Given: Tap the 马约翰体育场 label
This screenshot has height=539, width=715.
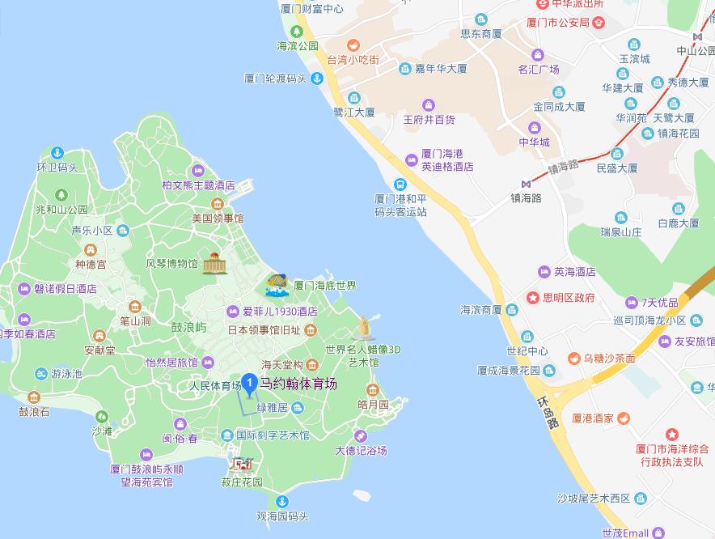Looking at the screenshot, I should [x=298, y=384].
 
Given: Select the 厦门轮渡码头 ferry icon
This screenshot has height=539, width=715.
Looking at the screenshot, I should [x=318, y=79].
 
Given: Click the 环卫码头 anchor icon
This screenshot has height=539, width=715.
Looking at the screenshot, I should [x=57, y=152].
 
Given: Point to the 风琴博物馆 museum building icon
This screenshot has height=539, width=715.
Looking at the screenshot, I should [x=214, y=263].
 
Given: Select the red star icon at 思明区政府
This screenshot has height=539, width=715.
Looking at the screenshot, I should [x=533, y=298].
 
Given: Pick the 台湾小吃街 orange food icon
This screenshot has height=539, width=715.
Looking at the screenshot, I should [x=353, y=45].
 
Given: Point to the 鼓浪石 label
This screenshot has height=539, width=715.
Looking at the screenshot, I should [x=34, y=412].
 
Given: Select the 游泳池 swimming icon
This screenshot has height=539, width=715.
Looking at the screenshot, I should [x=41, y=374].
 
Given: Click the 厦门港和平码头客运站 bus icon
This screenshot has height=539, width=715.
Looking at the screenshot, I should [x=400, y=185].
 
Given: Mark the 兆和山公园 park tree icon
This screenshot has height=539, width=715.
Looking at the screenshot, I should [x=61, y=194].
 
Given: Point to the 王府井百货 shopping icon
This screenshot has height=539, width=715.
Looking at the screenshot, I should [x=429, y=104].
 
